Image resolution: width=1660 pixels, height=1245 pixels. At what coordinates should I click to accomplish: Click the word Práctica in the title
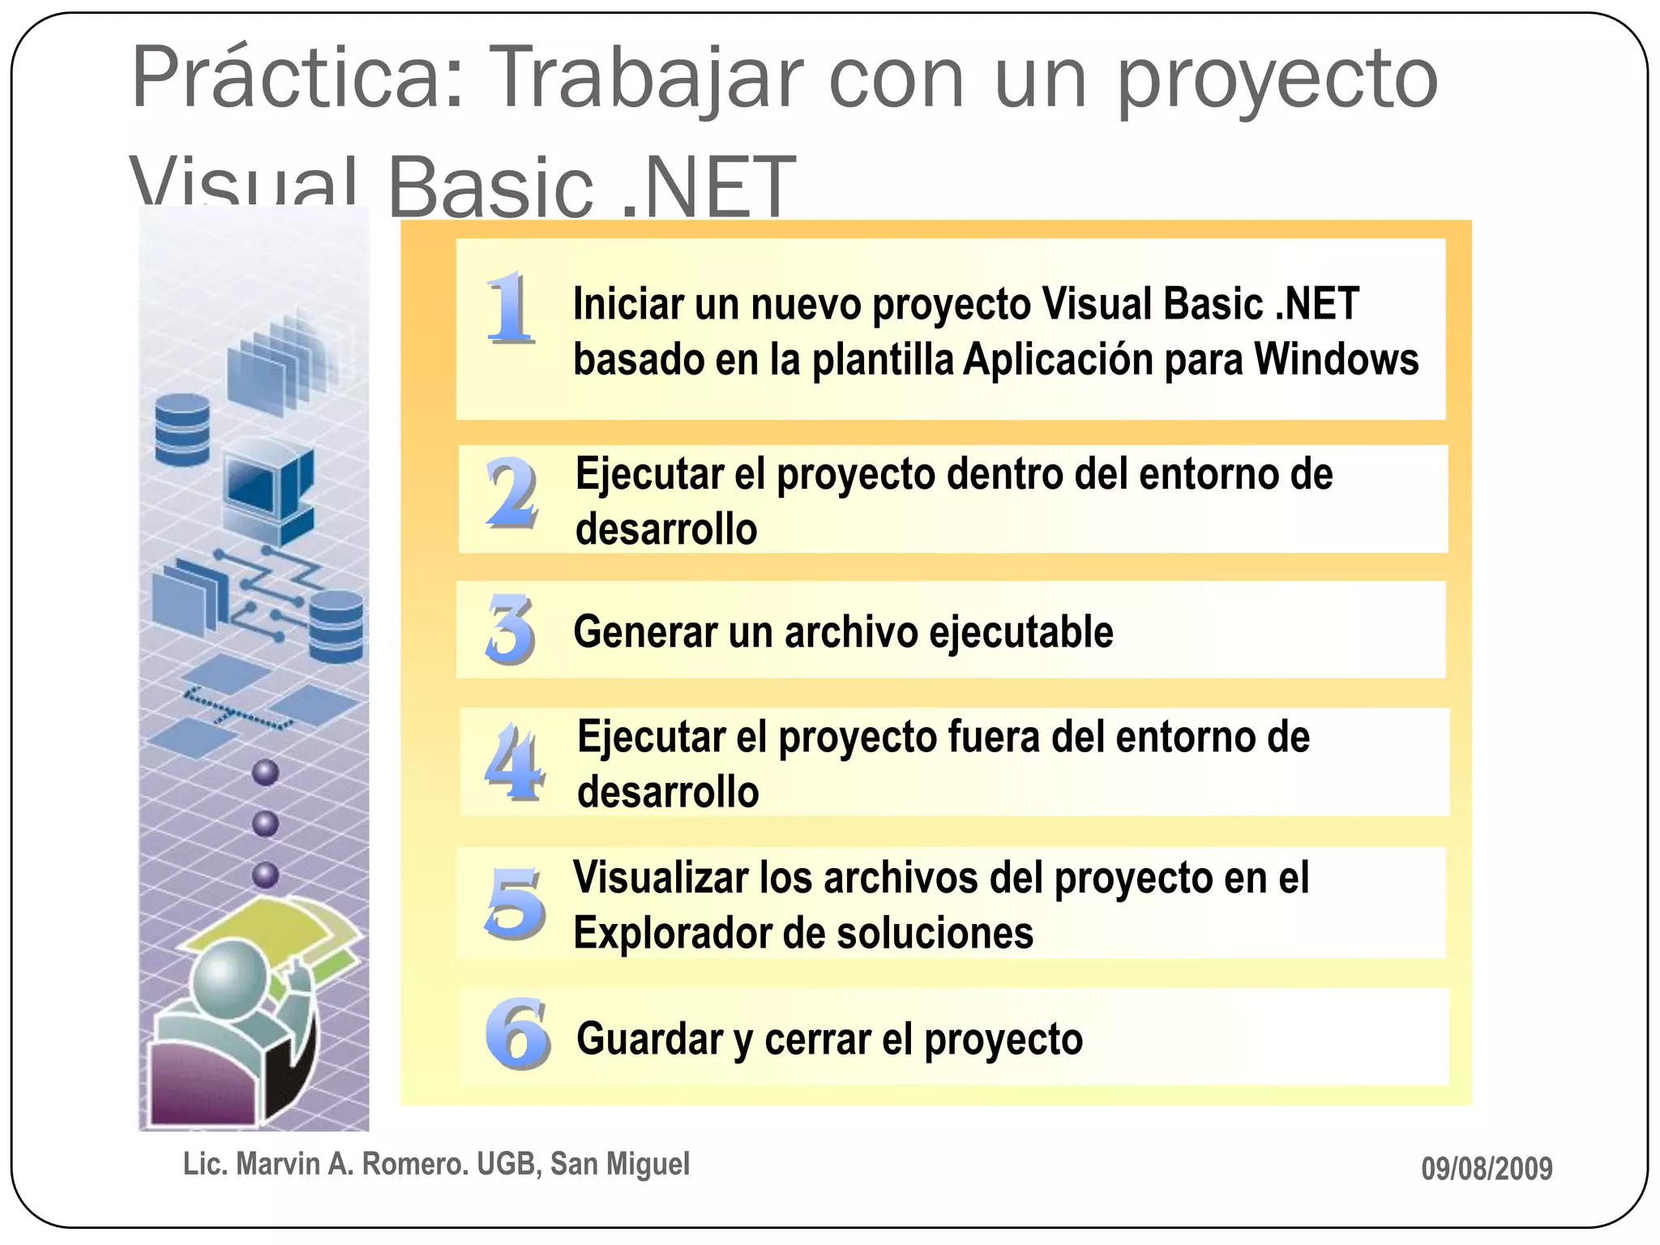(297, 79)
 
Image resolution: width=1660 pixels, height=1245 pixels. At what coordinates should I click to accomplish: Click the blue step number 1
(511, 308)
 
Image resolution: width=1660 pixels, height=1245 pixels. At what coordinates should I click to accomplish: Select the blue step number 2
(512, 492)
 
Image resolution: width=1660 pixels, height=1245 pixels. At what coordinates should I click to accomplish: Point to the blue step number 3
(511, 628)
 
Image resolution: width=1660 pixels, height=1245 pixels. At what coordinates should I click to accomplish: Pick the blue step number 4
(514, 762)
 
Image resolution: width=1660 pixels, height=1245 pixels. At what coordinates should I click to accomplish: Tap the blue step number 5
(515, 902)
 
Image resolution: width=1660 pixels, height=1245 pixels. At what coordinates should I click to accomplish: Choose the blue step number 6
(517, 1033)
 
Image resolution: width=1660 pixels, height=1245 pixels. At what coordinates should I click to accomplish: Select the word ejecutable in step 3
(1021, 632)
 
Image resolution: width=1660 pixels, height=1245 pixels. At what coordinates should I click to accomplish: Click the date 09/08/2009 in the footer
(1487, 1169)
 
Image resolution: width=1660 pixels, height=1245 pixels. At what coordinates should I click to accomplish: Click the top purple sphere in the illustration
(265, 772)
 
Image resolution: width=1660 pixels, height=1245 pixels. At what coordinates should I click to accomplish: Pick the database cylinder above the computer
(182, 430)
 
